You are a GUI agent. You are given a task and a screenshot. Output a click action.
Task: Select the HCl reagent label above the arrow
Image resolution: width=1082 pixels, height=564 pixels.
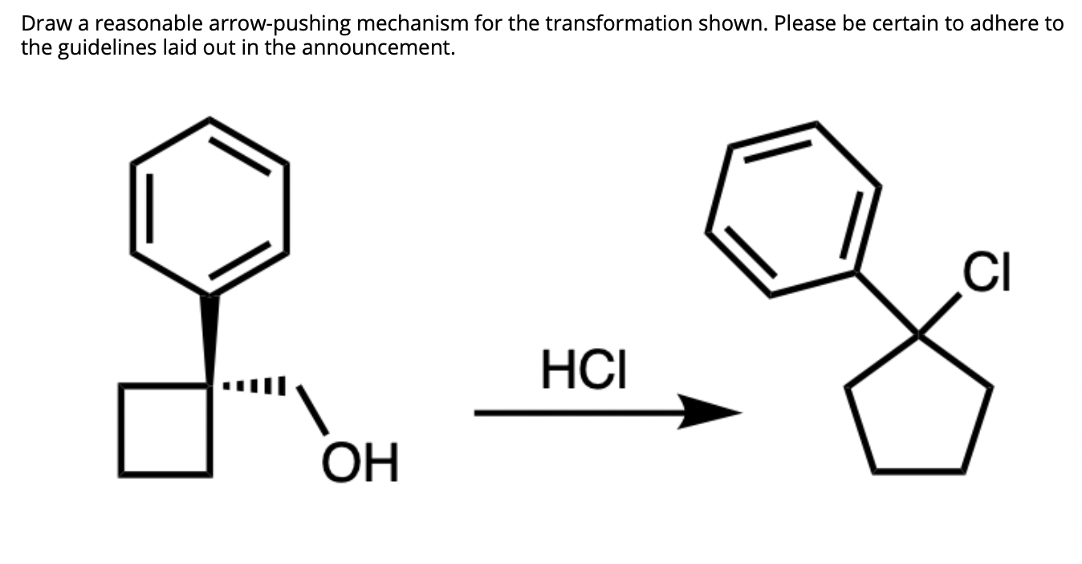point(582,369)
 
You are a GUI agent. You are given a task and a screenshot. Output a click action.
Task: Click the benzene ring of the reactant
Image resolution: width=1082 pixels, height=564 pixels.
point(209,206)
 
